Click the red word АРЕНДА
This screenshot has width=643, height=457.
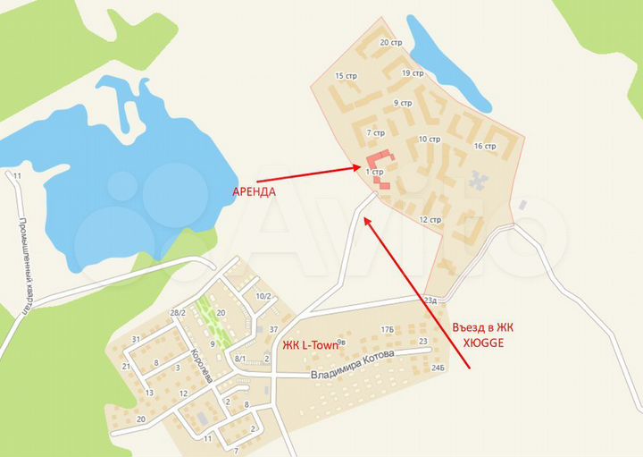click(x=254, y=191)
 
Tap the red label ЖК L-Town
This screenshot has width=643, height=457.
click(x=307, y=345)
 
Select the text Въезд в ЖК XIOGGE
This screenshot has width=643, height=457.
click(x=483, y=334)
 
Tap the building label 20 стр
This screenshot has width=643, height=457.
click(x=390, y=42)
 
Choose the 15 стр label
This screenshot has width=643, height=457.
click(x=345, y=76)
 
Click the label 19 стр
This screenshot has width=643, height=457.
click(x=413, y=73)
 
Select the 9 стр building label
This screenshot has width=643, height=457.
click(x=402, y=103)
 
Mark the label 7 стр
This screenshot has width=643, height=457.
click(x=374, y=131)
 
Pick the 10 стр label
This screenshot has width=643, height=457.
click(x=430, y=139)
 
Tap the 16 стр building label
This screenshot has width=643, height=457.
click(x=485, y=146)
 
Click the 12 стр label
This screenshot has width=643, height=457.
click(x=430, y=219)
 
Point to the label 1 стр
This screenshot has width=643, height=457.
click(x=375, y=170)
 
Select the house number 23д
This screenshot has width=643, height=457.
click(x=431, y=300)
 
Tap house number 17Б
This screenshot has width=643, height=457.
click(x=387, y=330)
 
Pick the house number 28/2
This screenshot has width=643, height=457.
click(x=178, y=312)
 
